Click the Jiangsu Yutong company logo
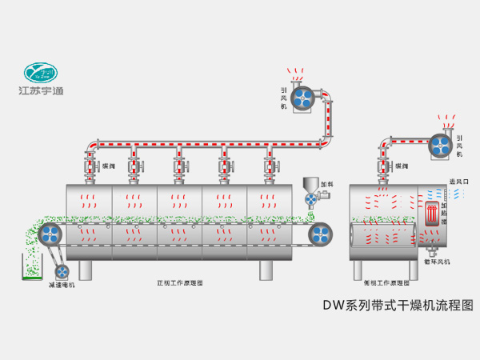pos(41,75)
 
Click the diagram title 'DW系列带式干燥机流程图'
pos(398,305)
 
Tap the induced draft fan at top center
pos(305,96)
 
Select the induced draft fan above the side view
pos(439,142)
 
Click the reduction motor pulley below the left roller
pos(61,270)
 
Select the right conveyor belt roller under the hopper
pos(320,234)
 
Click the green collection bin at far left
pos(30,266)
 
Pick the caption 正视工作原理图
pos(179,282)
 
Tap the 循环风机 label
pos(437,262)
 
